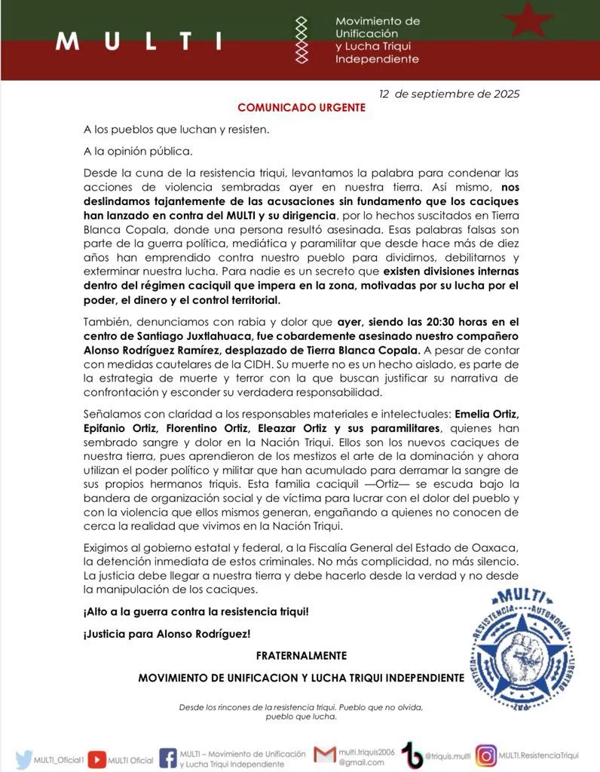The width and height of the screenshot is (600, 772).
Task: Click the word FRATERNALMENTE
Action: (301, 656)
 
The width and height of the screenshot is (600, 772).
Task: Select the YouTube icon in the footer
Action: (96, 758)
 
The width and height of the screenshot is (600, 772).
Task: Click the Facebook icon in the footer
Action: (168, 758)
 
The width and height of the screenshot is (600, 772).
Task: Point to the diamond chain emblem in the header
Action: (302, 41)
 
